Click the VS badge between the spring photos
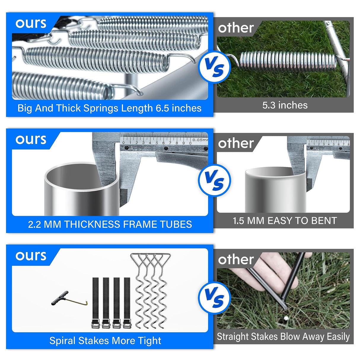pos(214,67)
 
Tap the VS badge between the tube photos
pos(214,180)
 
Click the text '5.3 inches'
pos(285,105)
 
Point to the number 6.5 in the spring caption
pos(162,108)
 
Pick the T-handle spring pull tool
pos(69,299)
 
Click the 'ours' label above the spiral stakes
pos(31,256)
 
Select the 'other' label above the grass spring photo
pos(236,28)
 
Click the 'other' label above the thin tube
pos(236,144)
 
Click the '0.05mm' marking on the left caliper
pos(200,140)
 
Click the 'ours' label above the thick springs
pos(31,24)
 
